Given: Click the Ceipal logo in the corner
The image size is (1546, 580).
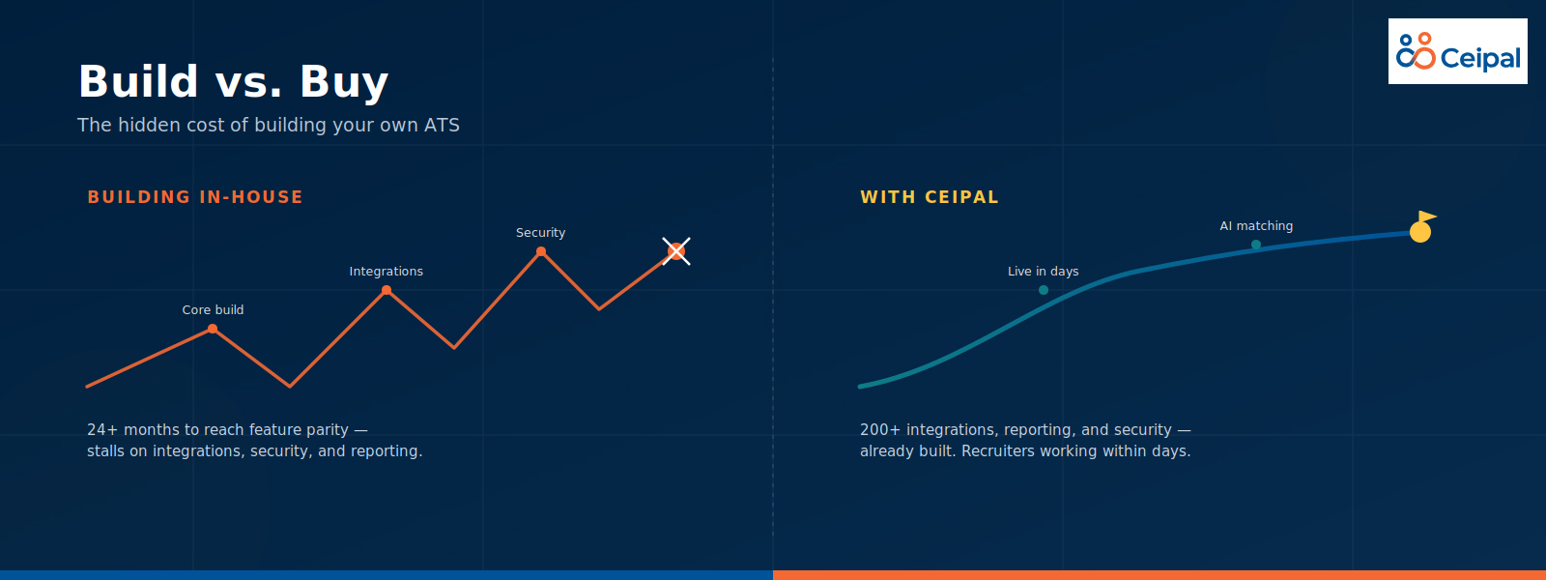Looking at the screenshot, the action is tap(1458, 51).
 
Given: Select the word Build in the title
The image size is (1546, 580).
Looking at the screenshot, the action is tap(139, 81).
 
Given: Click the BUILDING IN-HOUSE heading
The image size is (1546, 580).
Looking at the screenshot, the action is tap(195, 197).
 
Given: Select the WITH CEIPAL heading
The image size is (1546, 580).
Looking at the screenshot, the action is tap(930, 197).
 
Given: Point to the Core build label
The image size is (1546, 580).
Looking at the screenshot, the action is tap(213, 310).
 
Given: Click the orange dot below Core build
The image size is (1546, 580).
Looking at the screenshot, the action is tap(213, 329).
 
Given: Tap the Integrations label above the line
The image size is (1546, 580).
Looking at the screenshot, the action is tap(386, 272).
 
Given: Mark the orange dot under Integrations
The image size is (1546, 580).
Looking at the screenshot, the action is tap(386, 290).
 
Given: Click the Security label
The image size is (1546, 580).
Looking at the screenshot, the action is tap(540, 233).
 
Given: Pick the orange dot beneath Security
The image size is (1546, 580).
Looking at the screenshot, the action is tap(541, 251).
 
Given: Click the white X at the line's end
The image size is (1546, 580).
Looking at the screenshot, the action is tap(676, 251).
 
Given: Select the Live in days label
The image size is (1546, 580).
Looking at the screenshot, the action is tap(1043, 272).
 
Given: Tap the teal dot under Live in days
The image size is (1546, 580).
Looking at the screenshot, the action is tap(1044, 290).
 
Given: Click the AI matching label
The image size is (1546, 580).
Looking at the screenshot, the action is tap(1256, 226).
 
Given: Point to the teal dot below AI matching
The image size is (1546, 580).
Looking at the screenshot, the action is tap(1256, 245).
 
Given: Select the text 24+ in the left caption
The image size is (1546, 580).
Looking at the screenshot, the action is tap(102, 429).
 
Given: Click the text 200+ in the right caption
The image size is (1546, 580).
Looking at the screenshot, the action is tap(880, 429).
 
